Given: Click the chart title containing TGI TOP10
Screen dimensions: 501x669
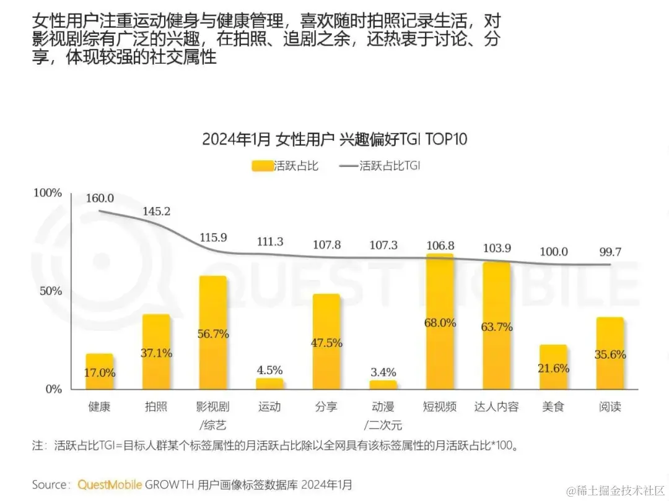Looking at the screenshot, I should [334, 139].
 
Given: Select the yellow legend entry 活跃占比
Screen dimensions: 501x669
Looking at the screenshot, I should [285, 166].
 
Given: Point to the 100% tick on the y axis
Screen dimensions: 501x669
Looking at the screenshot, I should [48, 193].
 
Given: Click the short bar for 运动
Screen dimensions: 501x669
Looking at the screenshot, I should [269, 384].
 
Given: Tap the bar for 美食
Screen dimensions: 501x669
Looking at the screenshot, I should [553, 367].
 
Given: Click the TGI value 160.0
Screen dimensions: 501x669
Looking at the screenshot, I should [100, 198].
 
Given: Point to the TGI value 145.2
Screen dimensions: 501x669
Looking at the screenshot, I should [156, 212].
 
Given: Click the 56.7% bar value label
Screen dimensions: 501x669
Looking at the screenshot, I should [212, 333].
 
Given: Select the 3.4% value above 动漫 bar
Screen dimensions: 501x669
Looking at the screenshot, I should [383, 372].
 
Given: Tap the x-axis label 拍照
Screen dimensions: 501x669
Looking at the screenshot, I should [156, 407].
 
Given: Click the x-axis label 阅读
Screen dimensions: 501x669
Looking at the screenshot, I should [610, 407].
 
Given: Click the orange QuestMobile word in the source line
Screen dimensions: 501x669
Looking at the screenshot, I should [110, 484].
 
